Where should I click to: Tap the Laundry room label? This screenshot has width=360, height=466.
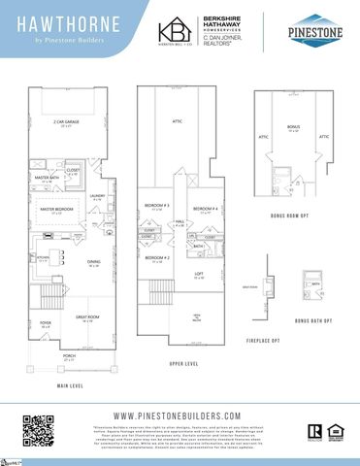[97, 197]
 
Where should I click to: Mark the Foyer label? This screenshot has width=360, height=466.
[45, 326]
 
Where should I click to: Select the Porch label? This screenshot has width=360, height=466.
[69, 357]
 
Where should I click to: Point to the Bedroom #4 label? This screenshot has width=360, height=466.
[203, 209]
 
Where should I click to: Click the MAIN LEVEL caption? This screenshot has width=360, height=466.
[69, 385]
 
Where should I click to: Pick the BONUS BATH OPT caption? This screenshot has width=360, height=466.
[313, 320]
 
